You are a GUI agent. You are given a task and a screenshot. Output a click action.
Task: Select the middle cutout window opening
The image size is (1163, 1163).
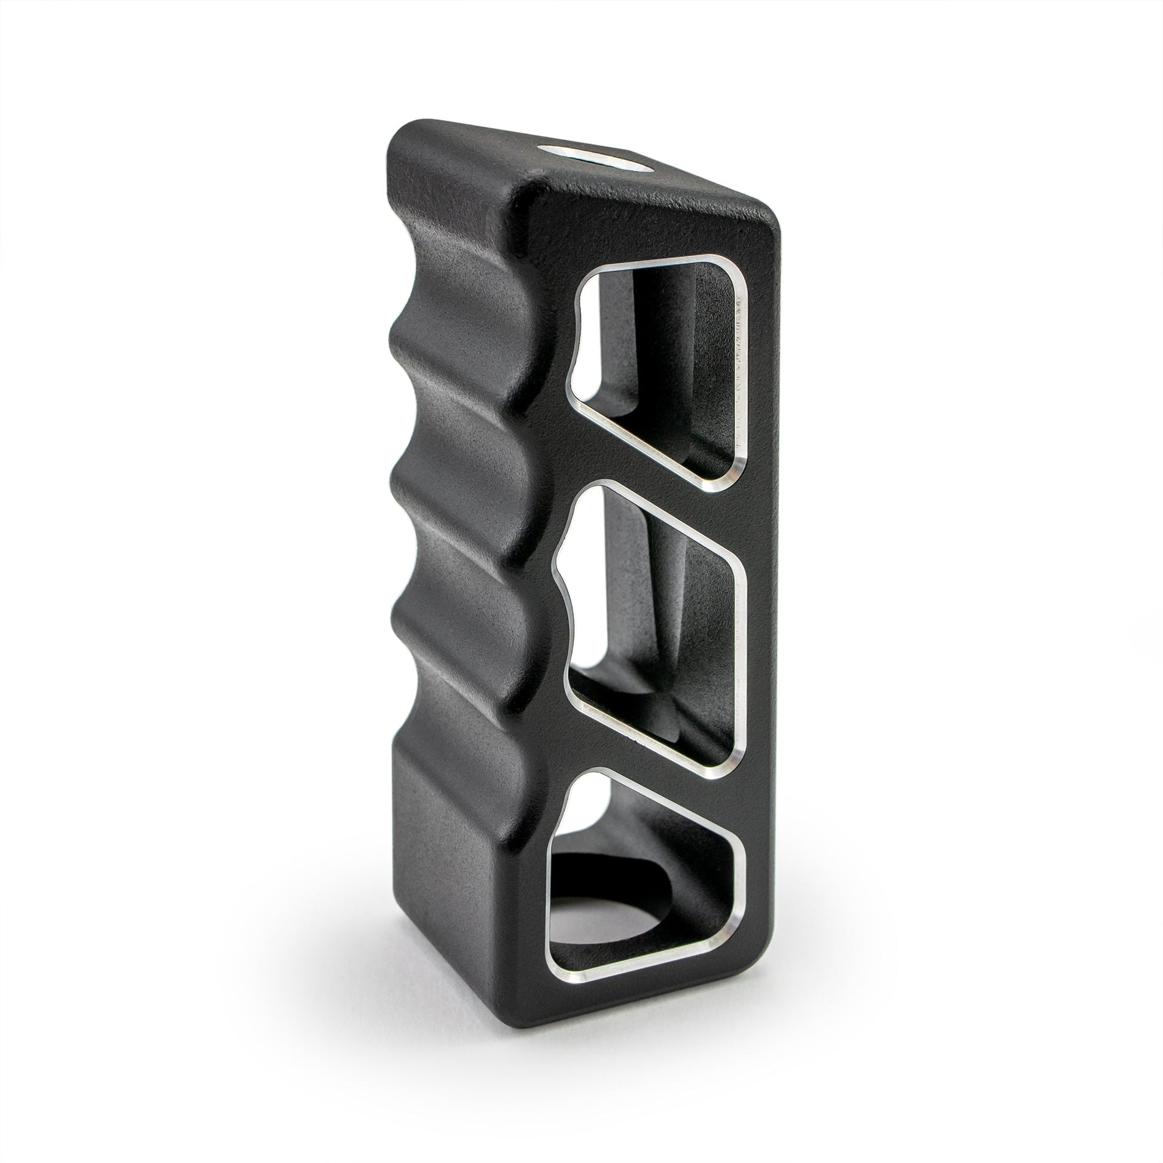click(x=653, y=620)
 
